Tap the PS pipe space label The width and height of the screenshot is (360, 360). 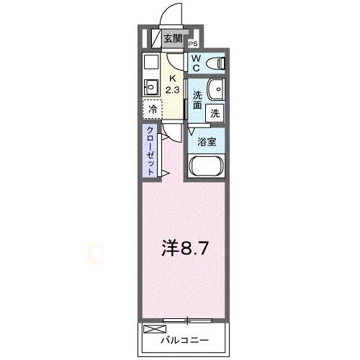(194, 43)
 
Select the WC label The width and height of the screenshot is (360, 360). (196, 63)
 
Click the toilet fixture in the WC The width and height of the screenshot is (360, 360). (217, 63)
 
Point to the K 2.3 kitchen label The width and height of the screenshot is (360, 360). (173, 84)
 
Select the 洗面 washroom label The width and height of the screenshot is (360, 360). (197, 99)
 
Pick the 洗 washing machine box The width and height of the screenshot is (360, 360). (215, 112)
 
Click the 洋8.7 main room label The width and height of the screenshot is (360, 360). (186, 249)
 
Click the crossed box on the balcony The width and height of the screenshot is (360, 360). (153, 329)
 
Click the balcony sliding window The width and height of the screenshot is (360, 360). (187, 318)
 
